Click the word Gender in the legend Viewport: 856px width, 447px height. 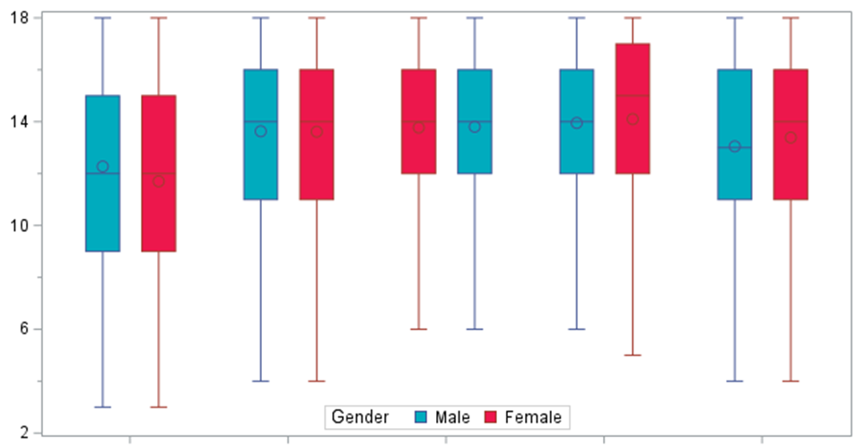click(360, 416)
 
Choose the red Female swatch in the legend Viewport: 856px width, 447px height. click(491, 417)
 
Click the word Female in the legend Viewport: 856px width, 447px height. click(533, 416)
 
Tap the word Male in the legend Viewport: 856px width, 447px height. click(452, 416)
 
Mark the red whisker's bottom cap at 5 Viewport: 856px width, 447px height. click(633, 355)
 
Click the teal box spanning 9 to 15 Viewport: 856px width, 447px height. click(102, 206)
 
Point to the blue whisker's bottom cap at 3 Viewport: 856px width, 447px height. click(102, 407)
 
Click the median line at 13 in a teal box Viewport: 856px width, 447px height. click(735, 147)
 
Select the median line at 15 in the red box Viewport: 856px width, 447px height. click(633, 95)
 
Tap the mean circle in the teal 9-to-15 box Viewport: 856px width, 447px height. click(102, 166)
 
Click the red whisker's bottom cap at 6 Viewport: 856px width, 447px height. click(419, 329)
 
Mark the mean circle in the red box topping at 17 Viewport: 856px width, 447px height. click(633, 118)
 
